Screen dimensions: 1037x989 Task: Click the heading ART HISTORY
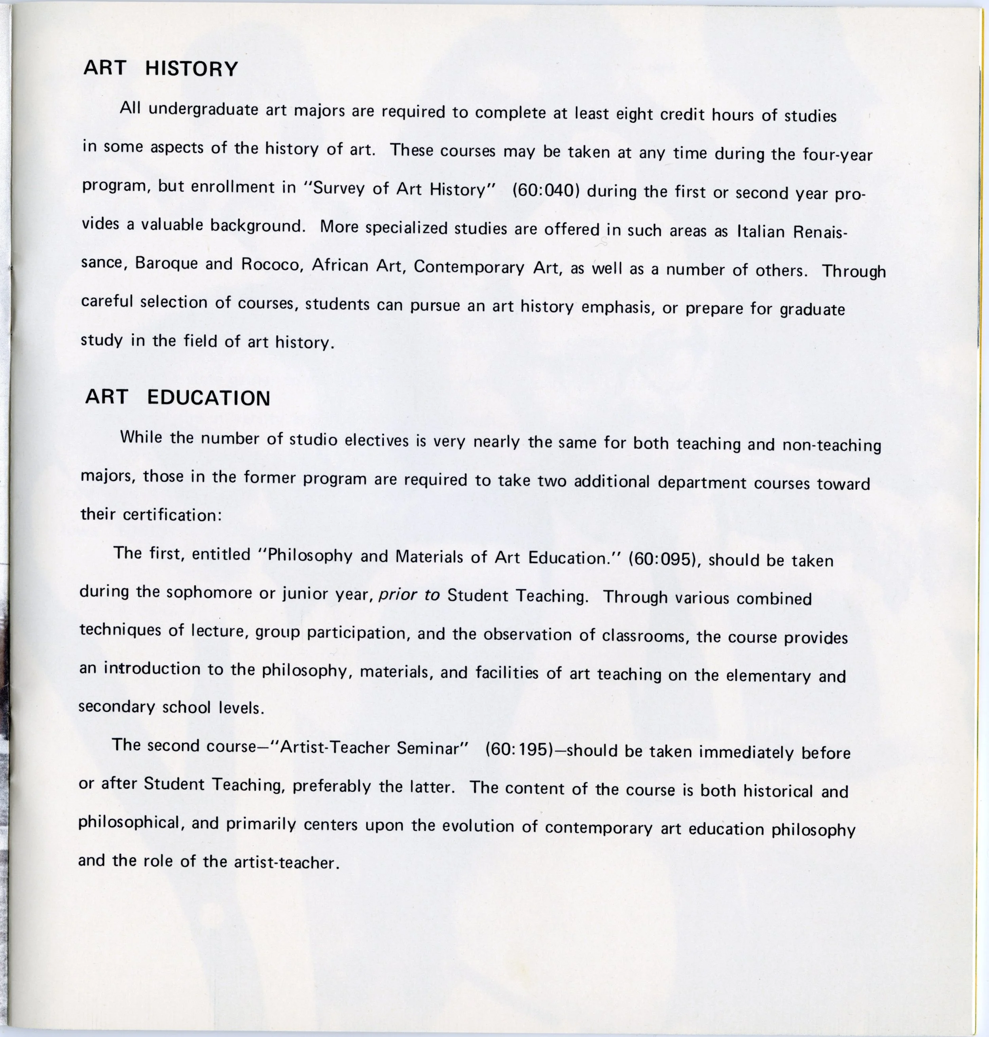(x=161, y=68)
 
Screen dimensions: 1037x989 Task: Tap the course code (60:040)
(x=546, y=190)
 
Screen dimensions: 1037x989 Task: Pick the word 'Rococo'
(x=272, y=265)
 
